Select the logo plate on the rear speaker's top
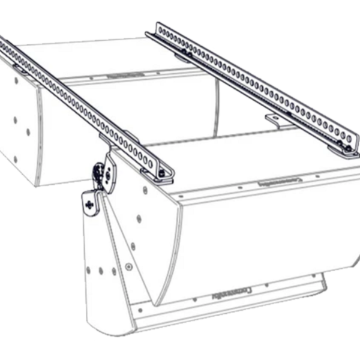tap(119, 76)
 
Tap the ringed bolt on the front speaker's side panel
tap(128, 266)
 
